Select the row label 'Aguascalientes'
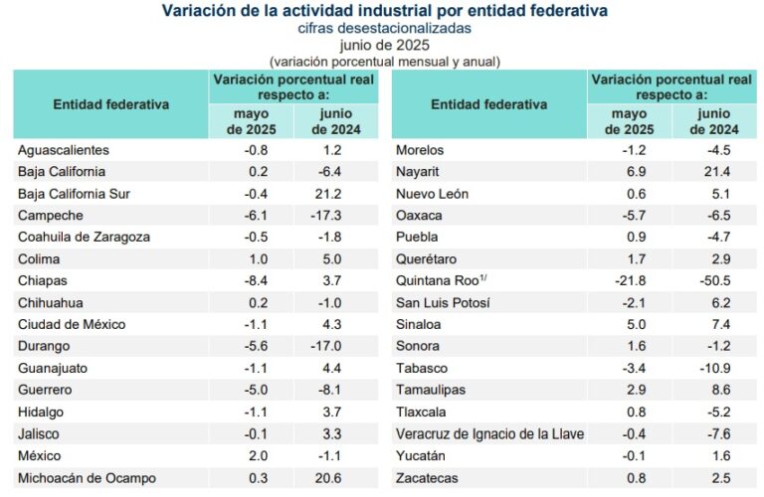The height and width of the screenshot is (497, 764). (63, 150)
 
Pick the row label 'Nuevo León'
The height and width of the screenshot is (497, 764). (433, 194)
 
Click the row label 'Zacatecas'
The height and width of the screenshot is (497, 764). (428, 478)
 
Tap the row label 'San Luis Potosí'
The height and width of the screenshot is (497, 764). (443, 303)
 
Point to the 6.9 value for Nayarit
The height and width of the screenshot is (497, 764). (634, 172)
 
